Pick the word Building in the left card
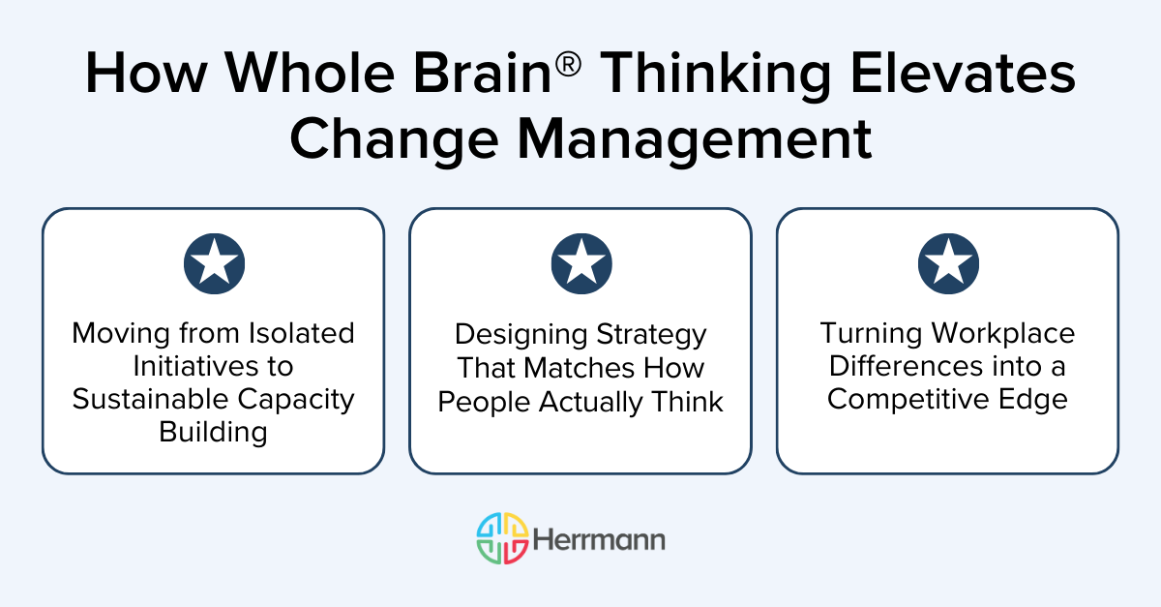[213, 432]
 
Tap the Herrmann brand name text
[600, 539]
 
